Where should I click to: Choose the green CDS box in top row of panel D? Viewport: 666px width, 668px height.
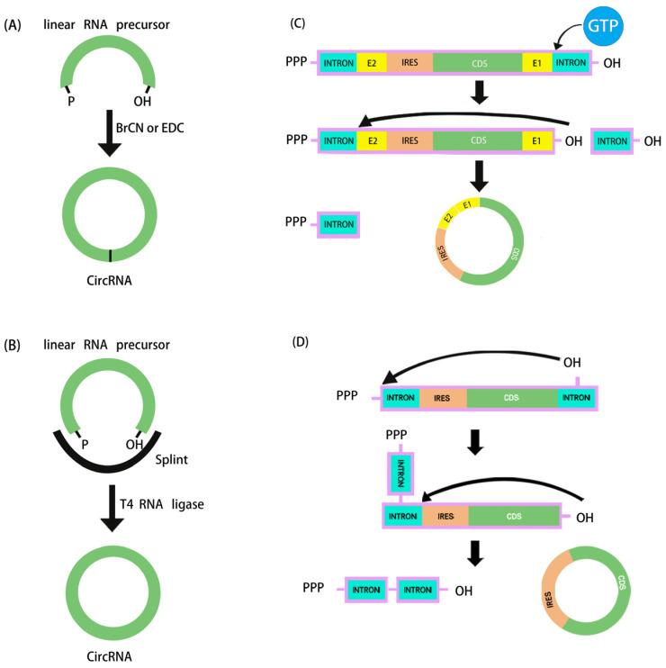point(511,397)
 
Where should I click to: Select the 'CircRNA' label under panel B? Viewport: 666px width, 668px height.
point(107,656)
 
